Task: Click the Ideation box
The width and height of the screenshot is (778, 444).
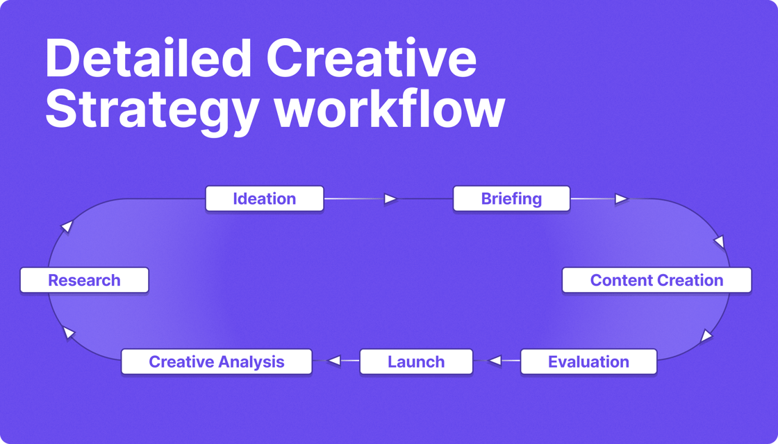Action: (x=265, y=198)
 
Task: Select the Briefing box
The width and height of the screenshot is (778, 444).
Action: (x=511, y=198)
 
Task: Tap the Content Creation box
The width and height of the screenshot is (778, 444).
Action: (x=657, y=280)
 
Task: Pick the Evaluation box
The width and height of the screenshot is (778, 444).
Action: (x=588, y=361)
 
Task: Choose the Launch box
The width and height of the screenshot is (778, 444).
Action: (x=416, y=361)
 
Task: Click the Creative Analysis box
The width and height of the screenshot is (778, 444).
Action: (x=217, y=361)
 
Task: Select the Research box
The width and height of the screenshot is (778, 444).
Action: (x=84, y=280)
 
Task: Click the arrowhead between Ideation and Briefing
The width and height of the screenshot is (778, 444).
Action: (x=390, y=198)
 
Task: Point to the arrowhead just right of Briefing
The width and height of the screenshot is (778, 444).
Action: (x=621, y=198)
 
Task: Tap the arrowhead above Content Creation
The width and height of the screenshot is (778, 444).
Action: (x=719, y=242)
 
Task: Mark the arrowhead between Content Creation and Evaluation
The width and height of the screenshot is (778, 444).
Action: (x=706, y=336)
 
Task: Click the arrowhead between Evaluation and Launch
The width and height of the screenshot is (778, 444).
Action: (x=495, y=361)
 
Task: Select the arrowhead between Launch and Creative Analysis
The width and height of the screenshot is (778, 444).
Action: (x=334, y=361)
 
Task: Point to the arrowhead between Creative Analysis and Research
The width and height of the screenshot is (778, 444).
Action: (x=69, y=332)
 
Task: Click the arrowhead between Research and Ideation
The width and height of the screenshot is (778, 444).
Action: (x=67, y=227)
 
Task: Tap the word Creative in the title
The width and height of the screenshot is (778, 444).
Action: (x=369, y=59)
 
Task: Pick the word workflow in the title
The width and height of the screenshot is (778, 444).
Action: (x=390, y=110)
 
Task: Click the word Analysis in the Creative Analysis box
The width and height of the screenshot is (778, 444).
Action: (x=251, y=362)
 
